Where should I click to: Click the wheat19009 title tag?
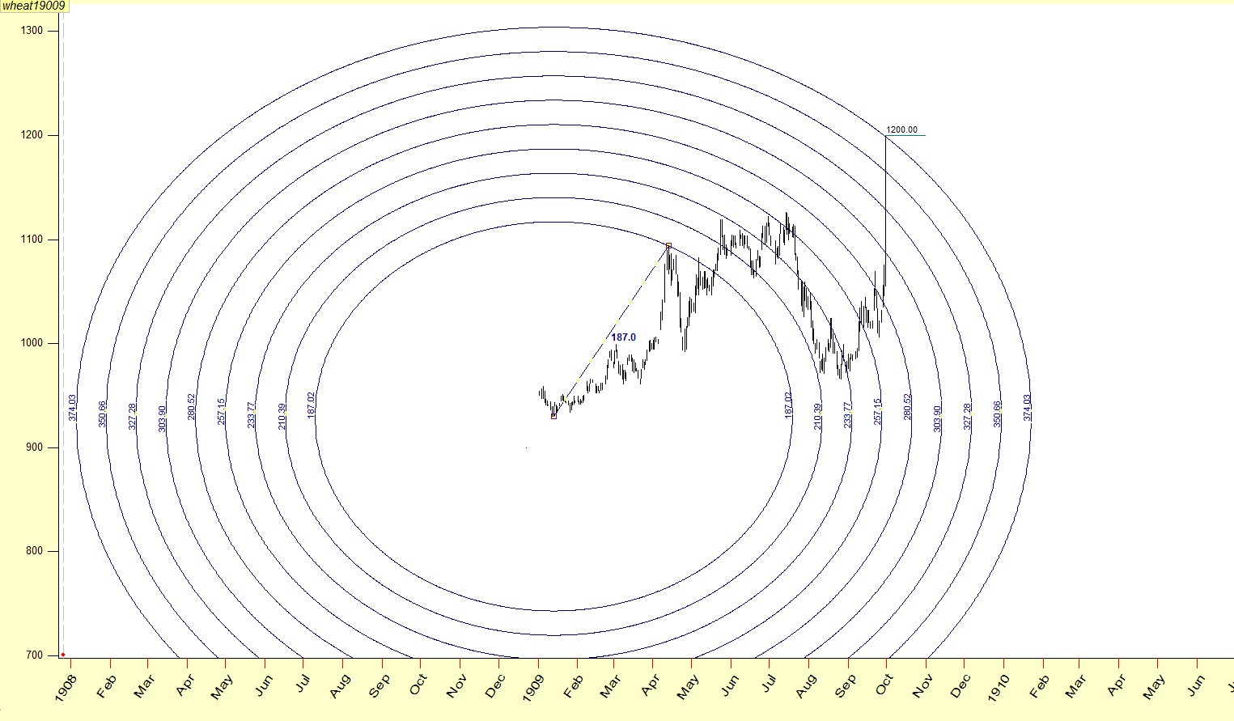(x=33, y=6)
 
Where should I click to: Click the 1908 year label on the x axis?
(x=66, y=685)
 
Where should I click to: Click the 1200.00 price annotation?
(x=902, y=129)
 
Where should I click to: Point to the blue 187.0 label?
(x=623, y=337)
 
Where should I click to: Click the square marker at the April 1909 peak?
(x=668, y=245)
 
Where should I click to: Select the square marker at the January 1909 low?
(x=553, y=416)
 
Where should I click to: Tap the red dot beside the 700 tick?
(x=62, y=655)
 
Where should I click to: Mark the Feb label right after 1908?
(x=107, y=685)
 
